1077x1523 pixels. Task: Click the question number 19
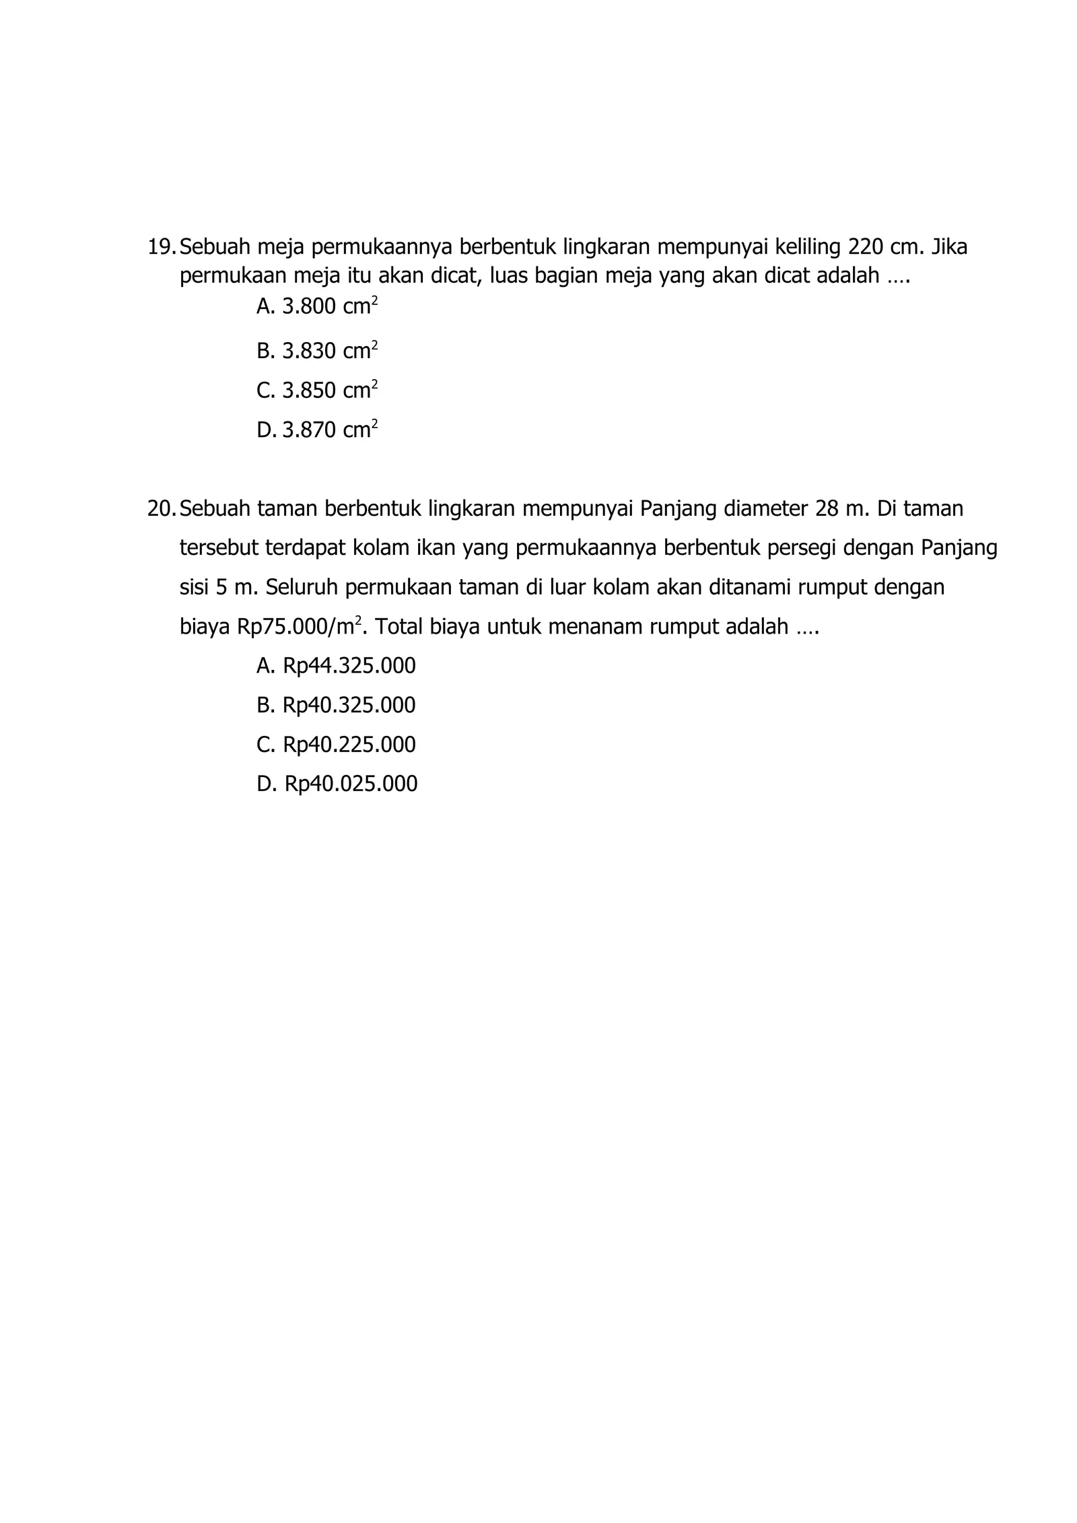[160, 248]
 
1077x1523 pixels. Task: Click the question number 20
[160, 509]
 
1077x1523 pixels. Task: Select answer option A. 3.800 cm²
[316, 307]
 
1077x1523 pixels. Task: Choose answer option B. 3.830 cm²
[316, 351]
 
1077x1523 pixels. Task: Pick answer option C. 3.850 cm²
[316, 391]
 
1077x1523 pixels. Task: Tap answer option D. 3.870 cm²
[316, 430]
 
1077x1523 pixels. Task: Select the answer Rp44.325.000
[349, 666]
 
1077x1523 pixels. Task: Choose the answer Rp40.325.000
[349, 705]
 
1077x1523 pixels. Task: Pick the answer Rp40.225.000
[349, 745]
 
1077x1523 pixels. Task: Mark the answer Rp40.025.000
[350, 784]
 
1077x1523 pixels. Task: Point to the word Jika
[949, 248]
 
